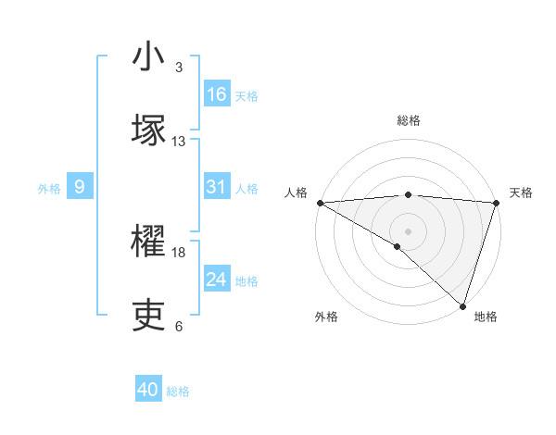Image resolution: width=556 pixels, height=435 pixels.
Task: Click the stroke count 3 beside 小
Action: click(178, 68)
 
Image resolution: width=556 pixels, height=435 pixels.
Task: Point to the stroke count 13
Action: click(179, 142)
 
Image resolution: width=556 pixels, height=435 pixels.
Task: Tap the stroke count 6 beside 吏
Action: click(178, 327)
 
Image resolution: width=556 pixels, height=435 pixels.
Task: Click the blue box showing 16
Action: click(217, 94)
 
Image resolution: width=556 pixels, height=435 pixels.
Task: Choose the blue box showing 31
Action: click(217, 187)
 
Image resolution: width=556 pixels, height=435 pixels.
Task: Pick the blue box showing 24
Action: click(217, 280)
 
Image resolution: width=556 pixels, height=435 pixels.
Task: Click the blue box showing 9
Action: click(80, 188)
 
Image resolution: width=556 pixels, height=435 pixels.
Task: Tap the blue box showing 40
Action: click(148, 391)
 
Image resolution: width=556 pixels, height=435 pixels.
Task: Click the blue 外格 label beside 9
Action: click(49, 189)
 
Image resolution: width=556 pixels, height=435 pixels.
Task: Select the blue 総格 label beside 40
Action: click(178, 391)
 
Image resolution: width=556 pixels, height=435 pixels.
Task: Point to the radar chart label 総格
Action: click(408, 120)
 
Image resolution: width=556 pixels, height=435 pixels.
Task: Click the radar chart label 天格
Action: click(521, 193)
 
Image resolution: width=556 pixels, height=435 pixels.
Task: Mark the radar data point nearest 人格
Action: click(320, 203)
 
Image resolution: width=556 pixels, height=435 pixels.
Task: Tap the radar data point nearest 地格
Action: click(462, 305)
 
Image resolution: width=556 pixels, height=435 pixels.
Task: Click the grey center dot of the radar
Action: click(408, 230)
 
